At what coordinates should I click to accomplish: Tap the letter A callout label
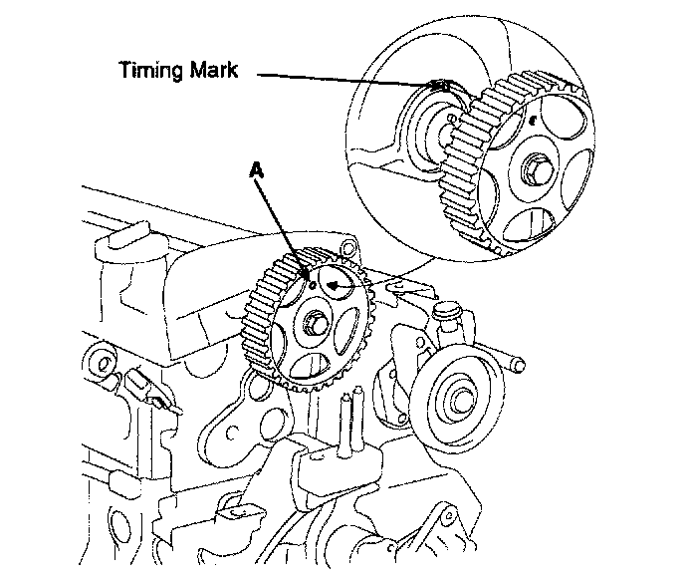pyautogui.click(x=256, y=171)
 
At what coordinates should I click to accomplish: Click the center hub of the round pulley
pyautogui.click(x=460, y=395)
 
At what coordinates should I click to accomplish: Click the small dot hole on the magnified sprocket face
pyautogui.click(x=535, y=120)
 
